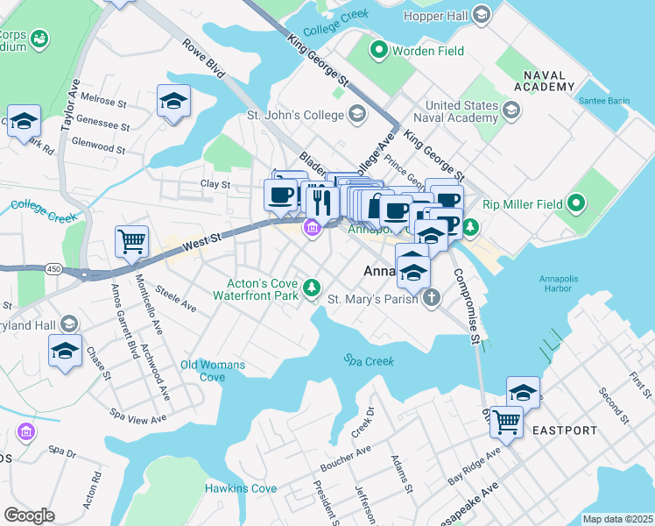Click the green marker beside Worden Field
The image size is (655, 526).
point(379,51)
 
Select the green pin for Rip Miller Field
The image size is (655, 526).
point(575,204)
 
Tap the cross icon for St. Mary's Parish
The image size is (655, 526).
point(430,299)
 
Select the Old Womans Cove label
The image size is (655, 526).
point(214,370)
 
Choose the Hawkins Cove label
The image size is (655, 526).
point(241,488)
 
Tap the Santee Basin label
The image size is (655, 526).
point(603,101)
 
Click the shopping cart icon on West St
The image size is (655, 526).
point(131,241)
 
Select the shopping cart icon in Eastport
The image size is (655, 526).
point(507,422)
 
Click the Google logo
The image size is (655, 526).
point(29,515)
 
